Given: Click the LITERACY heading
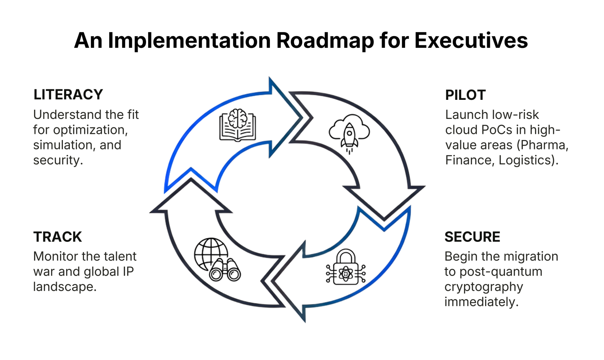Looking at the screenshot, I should coord(68,95).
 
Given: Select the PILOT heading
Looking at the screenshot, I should coord(465,95).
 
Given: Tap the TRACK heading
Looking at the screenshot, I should coord(58,237).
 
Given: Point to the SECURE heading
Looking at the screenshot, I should coord(472,237).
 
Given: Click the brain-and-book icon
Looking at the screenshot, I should coord(237,125).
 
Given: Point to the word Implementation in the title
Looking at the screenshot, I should coord(189,41).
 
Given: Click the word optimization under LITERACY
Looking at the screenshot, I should coord(91,130).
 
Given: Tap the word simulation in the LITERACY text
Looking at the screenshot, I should coord(63,145).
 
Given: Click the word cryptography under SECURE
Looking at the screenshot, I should coord(483,287).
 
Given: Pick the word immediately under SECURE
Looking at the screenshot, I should coord(481,302).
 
